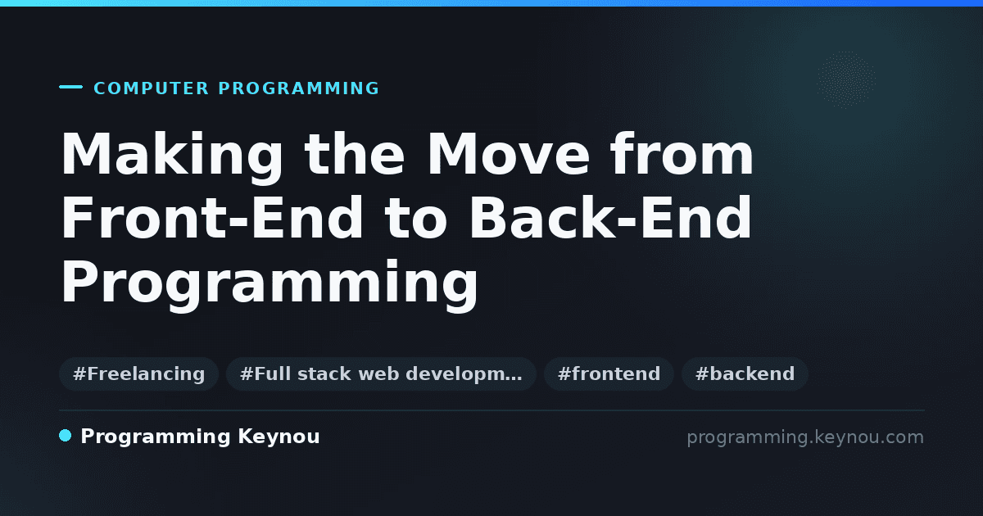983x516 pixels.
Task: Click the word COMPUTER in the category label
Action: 151,88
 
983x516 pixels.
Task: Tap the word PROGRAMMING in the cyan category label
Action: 298,88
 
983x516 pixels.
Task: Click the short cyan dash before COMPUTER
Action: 70,87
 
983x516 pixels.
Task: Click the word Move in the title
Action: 509,154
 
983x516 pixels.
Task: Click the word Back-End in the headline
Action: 610,218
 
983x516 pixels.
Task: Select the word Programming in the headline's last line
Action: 270,284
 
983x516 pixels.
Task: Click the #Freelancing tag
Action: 138,373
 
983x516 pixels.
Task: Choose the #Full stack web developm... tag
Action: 381,373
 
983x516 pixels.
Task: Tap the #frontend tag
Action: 609,373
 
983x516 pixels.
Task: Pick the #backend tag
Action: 745,373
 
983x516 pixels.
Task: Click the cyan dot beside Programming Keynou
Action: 66,436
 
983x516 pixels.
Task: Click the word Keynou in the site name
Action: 279,437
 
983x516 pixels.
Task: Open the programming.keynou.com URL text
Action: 805,437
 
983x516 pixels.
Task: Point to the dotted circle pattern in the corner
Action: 845,79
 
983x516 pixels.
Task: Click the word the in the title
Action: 355,153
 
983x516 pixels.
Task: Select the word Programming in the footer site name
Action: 156,437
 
